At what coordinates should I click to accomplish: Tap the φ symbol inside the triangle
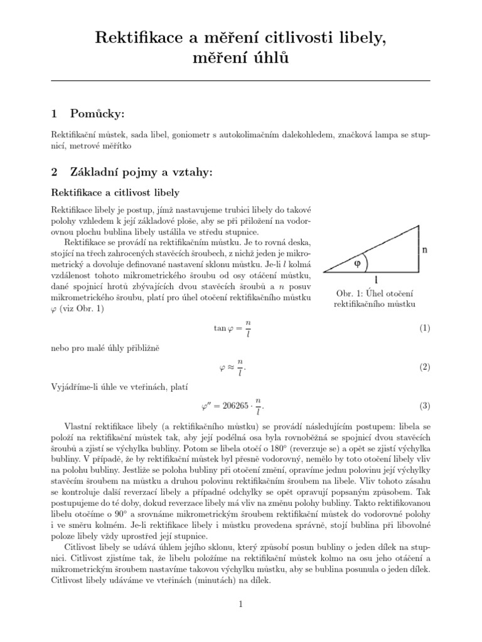tap(357, 263)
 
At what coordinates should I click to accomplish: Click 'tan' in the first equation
tap(220, 328)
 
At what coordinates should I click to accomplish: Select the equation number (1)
tap(424, 328)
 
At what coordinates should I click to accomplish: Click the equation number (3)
tap(424, 406)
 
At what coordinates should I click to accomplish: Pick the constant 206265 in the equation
tap(233, 406)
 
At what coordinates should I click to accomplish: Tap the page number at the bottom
tap(240, 604)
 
